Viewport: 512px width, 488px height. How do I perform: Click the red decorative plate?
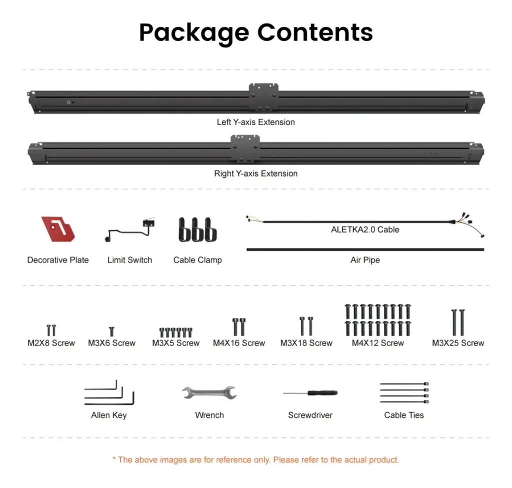tap(58, 229)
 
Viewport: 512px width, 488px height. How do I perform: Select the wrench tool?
tap(209, 392)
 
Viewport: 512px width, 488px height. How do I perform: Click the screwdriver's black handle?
tap(322, 393)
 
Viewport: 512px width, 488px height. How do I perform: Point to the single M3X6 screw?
tap(111, 331)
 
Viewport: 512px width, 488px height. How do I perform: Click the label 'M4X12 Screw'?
tap(378, 343)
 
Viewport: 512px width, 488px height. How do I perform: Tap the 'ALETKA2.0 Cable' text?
tap(365, 229)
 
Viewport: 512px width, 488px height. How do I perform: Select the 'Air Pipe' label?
tap(365, 260)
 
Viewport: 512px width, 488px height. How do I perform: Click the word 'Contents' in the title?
tap(315, 32)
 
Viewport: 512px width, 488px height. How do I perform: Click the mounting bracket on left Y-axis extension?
tap(264, 97)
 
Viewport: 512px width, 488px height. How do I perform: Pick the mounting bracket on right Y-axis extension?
tap(245, 148)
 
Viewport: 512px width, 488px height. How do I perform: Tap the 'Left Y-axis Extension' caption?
tap(255, 122)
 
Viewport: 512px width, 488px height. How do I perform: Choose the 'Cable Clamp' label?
tap(197, 260)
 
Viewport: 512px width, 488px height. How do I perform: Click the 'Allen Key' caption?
tap(108, 415)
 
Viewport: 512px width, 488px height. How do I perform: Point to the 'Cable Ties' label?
tap(404, 415)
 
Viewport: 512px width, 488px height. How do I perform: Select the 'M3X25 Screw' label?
tap(458, 343)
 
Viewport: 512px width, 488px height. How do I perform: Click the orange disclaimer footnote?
tap(255, 460)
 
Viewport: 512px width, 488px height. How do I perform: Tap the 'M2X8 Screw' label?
tap(51, 343)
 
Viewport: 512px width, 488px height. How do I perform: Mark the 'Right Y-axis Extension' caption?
tap(255, 173)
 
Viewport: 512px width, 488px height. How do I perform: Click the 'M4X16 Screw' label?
tap(239, 343)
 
